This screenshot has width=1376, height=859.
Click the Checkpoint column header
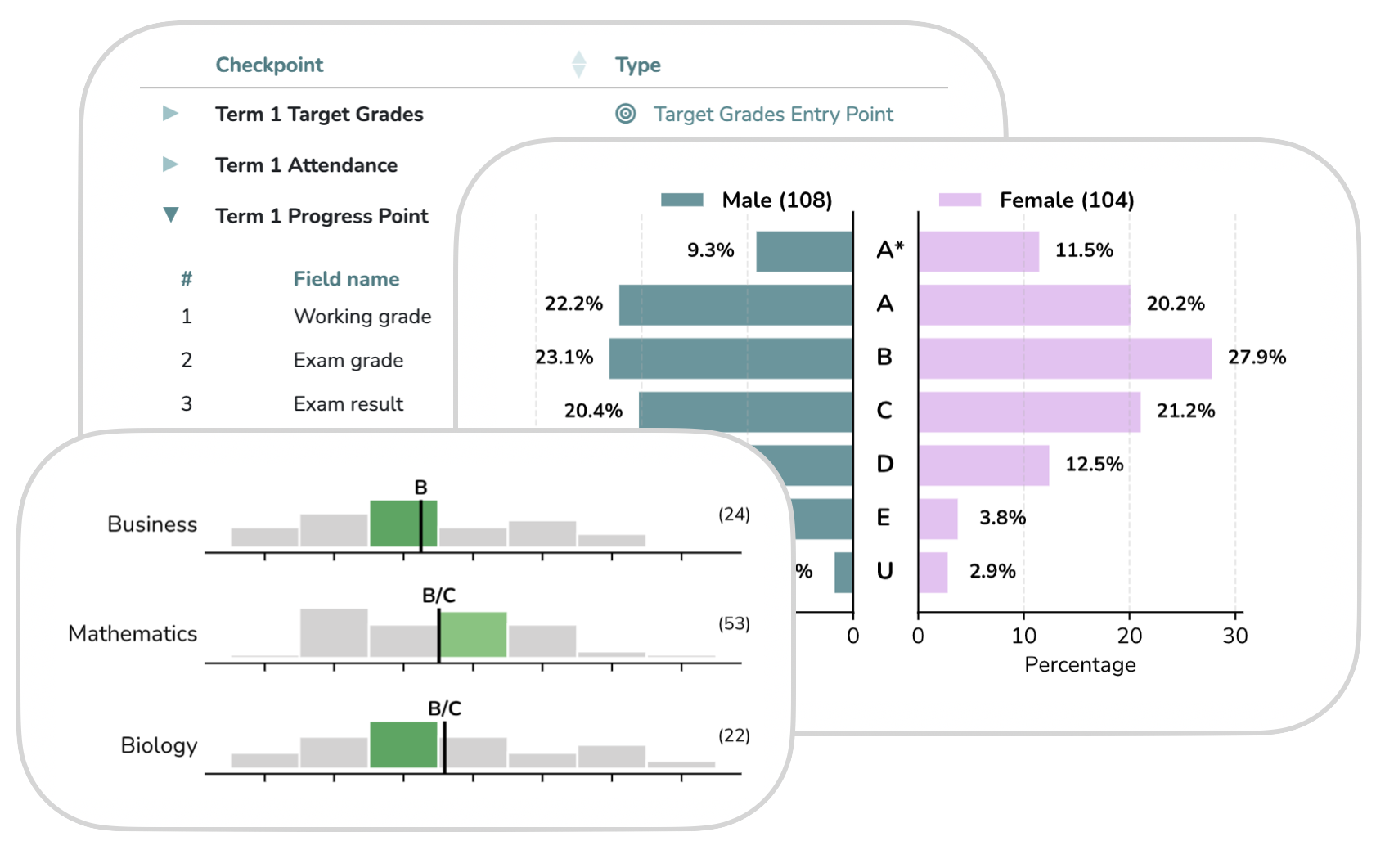click(x=269, y=65)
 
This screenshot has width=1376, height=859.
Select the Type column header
click(x=638, y=65)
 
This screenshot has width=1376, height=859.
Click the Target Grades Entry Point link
click(x=773, y=115)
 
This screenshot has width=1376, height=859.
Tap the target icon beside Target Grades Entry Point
click(x=626, y=114)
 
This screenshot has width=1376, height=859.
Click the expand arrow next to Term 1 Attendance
click(x=170, y=164)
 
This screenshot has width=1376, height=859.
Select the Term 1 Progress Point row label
click(x=322, y=216)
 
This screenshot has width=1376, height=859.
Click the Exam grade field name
click(x=348, y=361)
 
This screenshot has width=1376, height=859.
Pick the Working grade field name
click(x=362, y=317)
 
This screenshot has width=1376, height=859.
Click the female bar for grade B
click(x=1064, y=358)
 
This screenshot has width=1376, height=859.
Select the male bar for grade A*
click(x=804, y=251)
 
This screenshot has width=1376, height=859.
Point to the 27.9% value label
click(x=1257, y=358)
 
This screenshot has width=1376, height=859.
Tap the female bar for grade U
click(x=933, y=573)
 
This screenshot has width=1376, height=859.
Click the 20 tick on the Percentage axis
click(x=1130, y=636)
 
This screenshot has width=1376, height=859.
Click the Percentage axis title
click(x=1080, y=665)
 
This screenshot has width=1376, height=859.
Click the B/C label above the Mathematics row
click(x=438, y=596)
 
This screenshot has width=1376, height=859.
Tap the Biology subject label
click(x=159, y=745)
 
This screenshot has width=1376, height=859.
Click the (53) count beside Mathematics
click(x=734, y=624)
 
